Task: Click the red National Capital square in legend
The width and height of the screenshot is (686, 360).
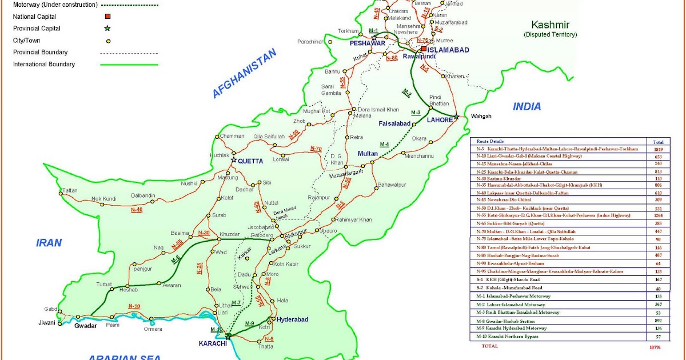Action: tap(107, 17)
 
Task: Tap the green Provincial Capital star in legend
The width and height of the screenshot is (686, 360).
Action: tap(107, 28)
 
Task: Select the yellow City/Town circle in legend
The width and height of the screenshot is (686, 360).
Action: tap(107, 41)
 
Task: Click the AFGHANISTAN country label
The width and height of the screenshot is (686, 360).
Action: tap(244, 73)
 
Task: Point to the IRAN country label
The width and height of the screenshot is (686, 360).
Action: tap(49, 242)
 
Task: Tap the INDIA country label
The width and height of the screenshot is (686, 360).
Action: tap(527, 107)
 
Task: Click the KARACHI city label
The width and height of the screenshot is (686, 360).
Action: tap(213, 343)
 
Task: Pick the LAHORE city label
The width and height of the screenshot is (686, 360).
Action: tap(440, 120)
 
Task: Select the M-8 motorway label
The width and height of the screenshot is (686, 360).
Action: tap(176, 259)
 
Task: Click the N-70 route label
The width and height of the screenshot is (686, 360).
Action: tap(316, 149)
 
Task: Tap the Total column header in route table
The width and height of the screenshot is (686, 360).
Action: tap(658, 141)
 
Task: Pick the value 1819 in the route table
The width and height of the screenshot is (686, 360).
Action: tap(658, 149)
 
